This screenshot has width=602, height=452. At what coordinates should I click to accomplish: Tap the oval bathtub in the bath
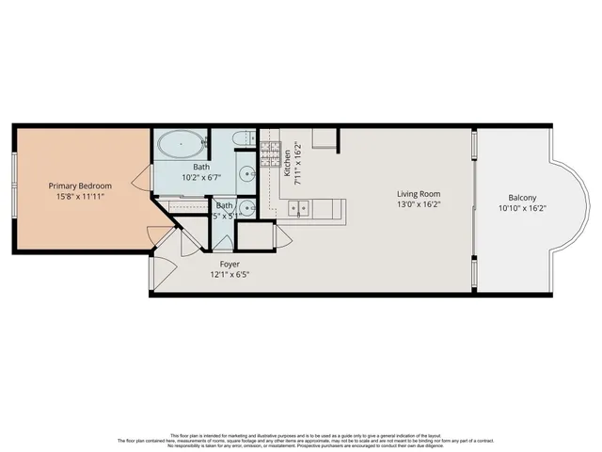coord(178,145)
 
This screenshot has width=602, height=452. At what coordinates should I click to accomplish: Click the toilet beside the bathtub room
coord(244,141)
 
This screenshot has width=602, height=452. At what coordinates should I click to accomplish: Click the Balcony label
coord(523,198)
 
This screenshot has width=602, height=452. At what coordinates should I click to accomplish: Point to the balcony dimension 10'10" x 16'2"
coord(523,209)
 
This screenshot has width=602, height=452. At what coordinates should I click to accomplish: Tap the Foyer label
coord(230,264)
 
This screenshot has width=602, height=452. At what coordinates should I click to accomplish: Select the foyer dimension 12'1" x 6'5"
coord(230,275)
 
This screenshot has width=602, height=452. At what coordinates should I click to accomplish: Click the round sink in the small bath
coord(245,208)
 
